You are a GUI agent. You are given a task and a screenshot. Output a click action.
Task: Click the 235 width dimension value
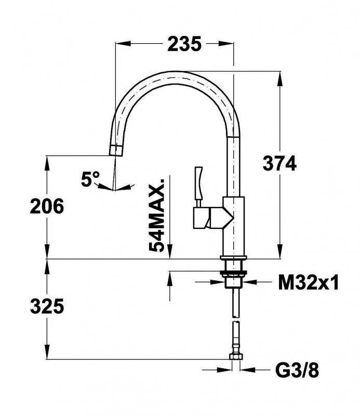pos(184,44)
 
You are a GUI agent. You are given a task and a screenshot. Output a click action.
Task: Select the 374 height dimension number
pos(279,163)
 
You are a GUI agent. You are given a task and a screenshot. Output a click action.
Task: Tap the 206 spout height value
pos(47,206)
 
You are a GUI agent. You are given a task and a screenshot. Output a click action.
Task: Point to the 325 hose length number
pos(47,306)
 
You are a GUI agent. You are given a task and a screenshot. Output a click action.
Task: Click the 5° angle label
pos(90,178)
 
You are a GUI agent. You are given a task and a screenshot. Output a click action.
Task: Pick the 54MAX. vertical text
pos(157,215)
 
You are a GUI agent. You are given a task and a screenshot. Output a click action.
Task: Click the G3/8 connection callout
pos(297,370)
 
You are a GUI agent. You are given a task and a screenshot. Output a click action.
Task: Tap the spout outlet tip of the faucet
pos(116,150)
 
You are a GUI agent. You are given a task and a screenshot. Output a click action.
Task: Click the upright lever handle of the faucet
pos(198,183)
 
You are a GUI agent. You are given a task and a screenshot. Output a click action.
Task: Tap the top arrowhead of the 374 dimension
pos(279,79)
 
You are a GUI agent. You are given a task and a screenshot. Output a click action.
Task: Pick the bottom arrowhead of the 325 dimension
pos(47,352)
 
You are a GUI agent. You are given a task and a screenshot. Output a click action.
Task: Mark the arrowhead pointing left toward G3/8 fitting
pos(247,370)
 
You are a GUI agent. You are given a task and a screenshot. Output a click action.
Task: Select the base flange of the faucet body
pos(233,257)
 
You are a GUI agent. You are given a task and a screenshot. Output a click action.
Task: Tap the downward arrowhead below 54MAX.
pos(170,251)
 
